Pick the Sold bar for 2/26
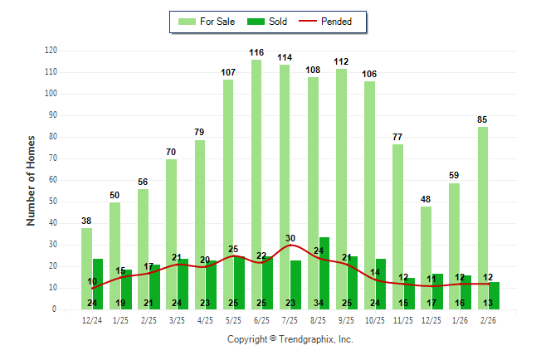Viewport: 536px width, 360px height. point(495,295)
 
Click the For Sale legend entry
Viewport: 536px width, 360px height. point(207,22)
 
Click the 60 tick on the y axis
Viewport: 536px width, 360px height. point(51,180)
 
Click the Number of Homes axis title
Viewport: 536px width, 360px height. point(31,180)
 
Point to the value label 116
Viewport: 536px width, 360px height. point(256,53)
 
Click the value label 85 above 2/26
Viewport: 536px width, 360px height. point(482,119)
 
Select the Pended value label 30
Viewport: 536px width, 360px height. point(290,238)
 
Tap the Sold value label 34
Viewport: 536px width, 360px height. point(319,303)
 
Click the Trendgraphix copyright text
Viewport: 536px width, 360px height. point(290,339)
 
